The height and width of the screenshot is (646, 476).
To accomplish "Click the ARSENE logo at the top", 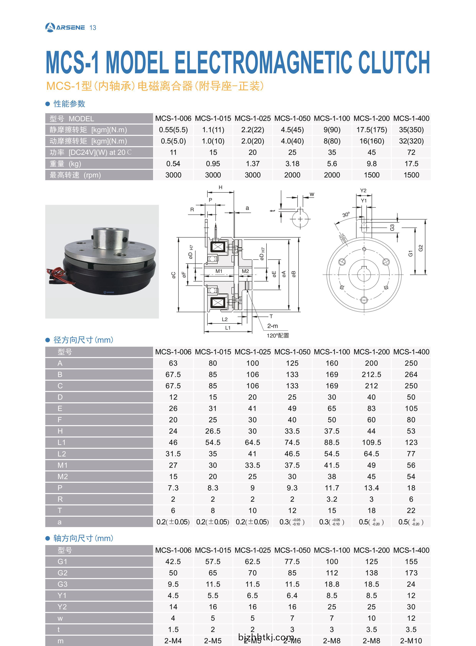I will click(x=65, y=27).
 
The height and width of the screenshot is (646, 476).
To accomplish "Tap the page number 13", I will click(x=93, y=28).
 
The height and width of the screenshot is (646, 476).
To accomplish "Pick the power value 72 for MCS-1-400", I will click(x=411, y=152).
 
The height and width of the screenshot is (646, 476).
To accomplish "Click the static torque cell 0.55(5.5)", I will click(x=173, y=130).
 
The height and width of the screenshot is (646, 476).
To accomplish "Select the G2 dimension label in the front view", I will click(x=421, y=248).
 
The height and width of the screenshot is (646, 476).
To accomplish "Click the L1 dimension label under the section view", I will click(x=228, y=328).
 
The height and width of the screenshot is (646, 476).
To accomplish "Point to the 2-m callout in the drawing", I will click(x=272, y=326).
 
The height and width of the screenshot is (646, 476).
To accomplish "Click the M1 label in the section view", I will click(x=219, y=271).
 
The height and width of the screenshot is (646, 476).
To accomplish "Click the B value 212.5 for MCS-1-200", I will click(x=371, y=375).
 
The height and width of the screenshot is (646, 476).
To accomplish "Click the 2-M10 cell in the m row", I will click(x=411, y=641).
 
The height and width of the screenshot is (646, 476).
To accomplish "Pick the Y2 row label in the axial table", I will click(x=62, y=607).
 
